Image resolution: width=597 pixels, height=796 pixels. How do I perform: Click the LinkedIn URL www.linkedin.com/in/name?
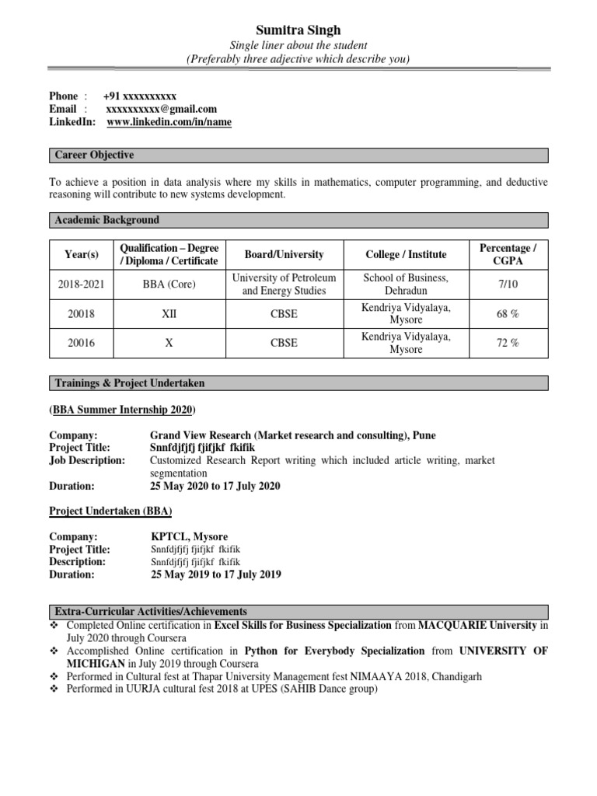169,122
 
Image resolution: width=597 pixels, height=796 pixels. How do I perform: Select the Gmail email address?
161,109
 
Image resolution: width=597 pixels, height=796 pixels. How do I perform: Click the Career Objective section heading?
94,155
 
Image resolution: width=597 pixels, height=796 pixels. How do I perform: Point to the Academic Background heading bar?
106,220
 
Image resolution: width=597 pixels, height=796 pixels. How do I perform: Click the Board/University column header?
284,254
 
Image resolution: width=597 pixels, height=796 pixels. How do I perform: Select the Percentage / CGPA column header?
509,254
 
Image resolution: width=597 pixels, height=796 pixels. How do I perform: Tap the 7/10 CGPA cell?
509,285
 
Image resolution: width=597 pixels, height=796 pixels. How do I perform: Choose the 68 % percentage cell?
509,314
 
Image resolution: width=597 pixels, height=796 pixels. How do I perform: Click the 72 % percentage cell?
509,344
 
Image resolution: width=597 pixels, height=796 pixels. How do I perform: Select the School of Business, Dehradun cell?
406,285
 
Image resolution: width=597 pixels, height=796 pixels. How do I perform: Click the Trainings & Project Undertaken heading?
130,383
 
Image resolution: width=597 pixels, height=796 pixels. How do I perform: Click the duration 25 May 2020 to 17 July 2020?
215,486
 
